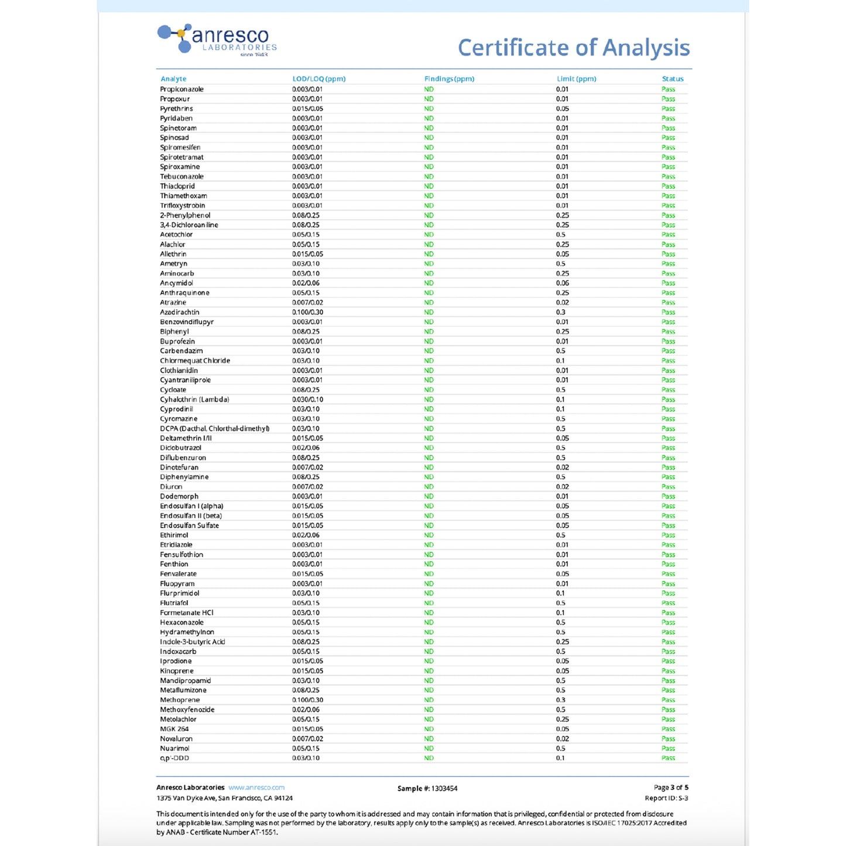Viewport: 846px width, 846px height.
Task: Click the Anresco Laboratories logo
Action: click(x=217, y=40)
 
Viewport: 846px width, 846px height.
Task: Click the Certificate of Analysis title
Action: click(x=573, y=48)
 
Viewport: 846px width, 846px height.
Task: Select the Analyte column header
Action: click(x=173, y=79)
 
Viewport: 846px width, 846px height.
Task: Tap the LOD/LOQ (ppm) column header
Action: click(x=318, y=79)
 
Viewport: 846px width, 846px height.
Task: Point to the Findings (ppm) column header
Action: click(x=449, y=79)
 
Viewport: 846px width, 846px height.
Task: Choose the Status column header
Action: click(x=673, y=79)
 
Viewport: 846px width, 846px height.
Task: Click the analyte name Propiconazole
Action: click(x=181, y=90)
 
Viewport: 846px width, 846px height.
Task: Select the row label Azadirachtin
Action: click(x=180, y=313)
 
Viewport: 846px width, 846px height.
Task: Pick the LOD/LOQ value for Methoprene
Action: click(x=307, y=700)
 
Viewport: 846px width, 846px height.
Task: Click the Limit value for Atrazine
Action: click(x=562, y=303)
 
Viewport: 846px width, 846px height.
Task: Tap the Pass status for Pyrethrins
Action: click(x=668, y=109)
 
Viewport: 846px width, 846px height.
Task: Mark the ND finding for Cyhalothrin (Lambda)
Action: click(x=429, y=400)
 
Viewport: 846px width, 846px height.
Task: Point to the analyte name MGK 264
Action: click(x=174, y=729)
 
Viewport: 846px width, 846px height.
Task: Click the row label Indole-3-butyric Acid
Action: click(x=193, y=642)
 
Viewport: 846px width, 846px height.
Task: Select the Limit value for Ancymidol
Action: click(x=562, y=283)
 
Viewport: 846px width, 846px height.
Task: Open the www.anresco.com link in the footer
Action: click(x=256, y=787)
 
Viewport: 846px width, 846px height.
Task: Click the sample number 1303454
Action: click(x=444, y=789)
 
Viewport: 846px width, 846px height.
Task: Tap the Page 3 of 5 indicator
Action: click(x=671, y=787)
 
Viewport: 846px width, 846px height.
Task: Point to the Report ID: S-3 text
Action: click(x=666, y=798)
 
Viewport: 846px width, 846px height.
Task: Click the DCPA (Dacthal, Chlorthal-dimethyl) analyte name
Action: click(x=215, y=429)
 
